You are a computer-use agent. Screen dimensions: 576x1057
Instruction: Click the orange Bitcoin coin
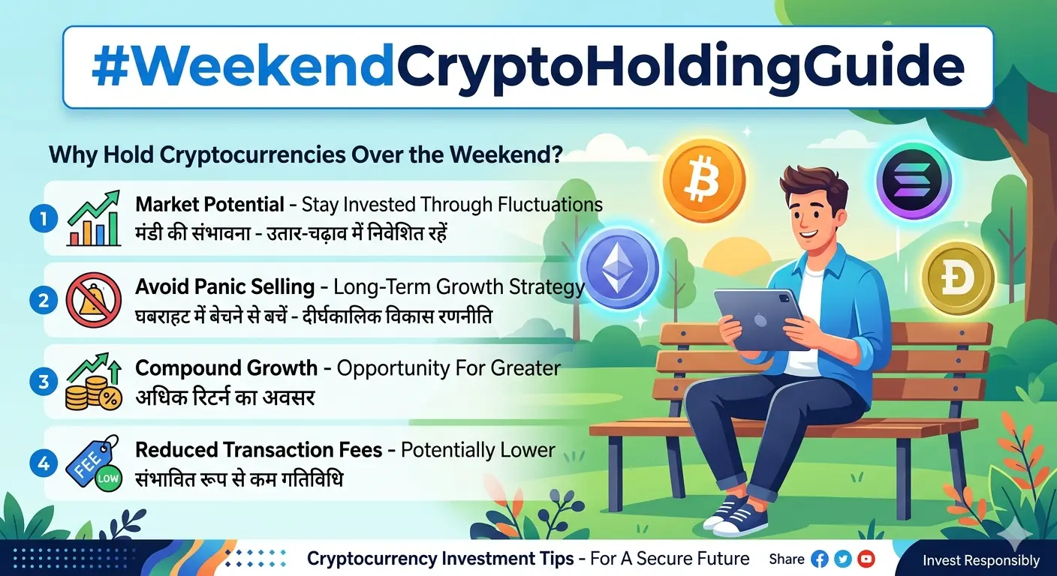(703, 179)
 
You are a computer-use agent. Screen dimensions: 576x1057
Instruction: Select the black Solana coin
(913, 181)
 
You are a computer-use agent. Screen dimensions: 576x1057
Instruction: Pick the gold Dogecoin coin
(957, 277)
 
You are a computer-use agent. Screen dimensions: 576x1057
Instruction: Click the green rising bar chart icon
(94, 218)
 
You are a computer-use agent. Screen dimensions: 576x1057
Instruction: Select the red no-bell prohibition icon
(94, 301)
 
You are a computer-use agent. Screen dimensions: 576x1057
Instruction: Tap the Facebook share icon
(820, 559)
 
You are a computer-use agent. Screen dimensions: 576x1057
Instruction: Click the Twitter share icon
(843, 559)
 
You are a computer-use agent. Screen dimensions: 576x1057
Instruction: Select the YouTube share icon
(866, 559)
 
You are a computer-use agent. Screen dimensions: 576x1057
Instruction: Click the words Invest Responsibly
(980, 560)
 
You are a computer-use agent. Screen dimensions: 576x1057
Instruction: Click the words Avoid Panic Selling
(224, 286)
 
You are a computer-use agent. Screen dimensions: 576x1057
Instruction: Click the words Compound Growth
(226, 368)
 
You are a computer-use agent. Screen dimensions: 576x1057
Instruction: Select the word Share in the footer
(786, 559)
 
